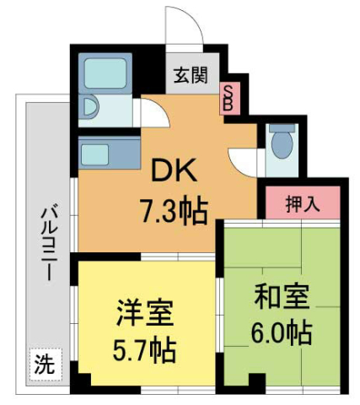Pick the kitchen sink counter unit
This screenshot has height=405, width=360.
click(x=109, y=154)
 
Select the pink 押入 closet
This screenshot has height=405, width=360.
click(x=301, y=203)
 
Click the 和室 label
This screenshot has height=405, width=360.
click(x=282, y=297)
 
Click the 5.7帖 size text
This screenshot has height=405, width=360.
click(x=145, y=347)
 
